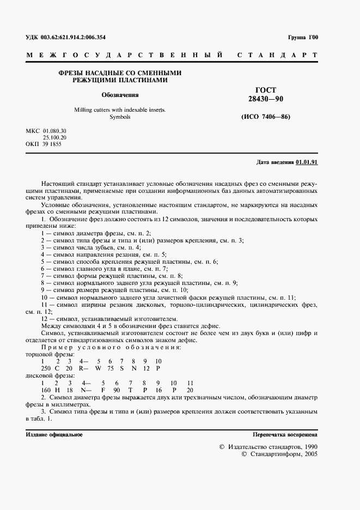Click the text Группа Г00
pos(303,38)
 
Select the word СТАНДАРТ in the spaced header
pos(277,56)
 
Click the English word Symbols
pos(120,117)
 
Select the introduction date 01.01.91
pos(307,162)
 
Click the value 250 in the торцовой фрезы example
pos(45,368)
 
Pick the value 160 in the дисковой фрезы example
pos(45,390)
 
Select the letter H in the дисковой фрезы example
pos(58,390)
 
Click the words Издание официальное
pos(54,435)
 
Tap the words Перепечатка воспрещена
pos(285,435)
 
